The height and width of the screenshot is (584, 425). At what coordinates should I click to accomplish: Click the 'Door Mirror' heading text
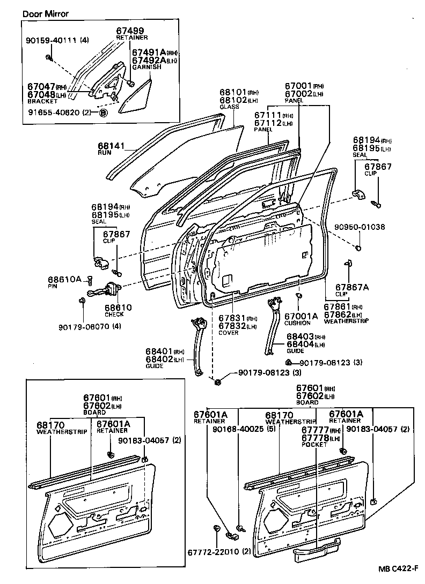pyautogui.click(x=46, y=13)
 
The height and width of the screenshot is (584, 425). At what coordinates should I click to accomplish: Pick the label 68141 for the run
pyautogui.click(x=109, y=145)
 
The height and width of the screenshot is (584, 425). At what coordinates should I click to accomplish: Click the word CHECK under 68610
pyautogui.click(x=114, y=315)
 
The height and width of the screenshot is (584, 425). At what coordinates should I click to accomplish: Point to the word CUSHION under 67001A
pyautogui.click(x=297, y=323)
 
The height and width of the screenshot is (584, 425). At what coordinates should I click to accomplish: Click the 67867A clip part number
pyautogui.click(x=353, y=287)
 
